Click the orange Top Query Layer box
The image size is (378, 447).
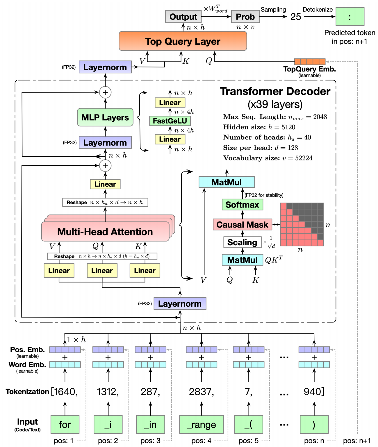(x=183, y=41)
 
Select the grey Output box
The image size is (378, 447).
(x=183, y=17)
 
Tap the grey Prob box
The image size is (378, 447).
(x=245, y=17)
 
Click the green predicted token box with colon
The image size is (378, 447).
(x=350, y=17)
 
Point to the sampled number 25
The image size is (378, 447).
(x=295, y=17)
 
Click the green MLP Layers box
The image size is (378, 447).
(x=105, y=117)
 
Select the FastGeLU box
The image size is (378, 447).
(x=170, y=121)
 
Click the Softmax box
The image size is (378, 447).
(x=242, y=205)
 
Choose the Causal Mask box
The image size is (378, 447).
(x=242, y=225)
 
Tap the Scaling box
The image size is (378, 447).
(x=242, y=242)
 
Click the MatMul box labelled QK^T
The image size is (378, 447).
(x=242, y=260)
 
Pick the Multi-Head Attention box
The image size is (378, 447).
(x=105, y=232)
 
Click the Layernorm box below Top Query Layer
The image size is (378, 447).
(x=105, y=67)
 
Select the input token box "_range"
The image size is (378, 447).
(x=202, y=425)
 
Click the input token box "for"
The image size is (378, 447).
(x=65, y=425)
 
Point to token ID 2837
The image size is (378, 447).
(x=201, y=392)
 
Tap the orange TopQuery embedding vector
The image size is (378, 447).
(x=310, y=62)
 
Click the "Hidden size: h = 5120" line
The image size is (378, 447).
(x=259, y=127)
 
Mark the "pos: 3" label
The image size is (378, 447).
(x=150, y=441)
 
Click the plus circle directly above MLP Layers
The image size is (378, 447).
(x=105, y=92)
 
